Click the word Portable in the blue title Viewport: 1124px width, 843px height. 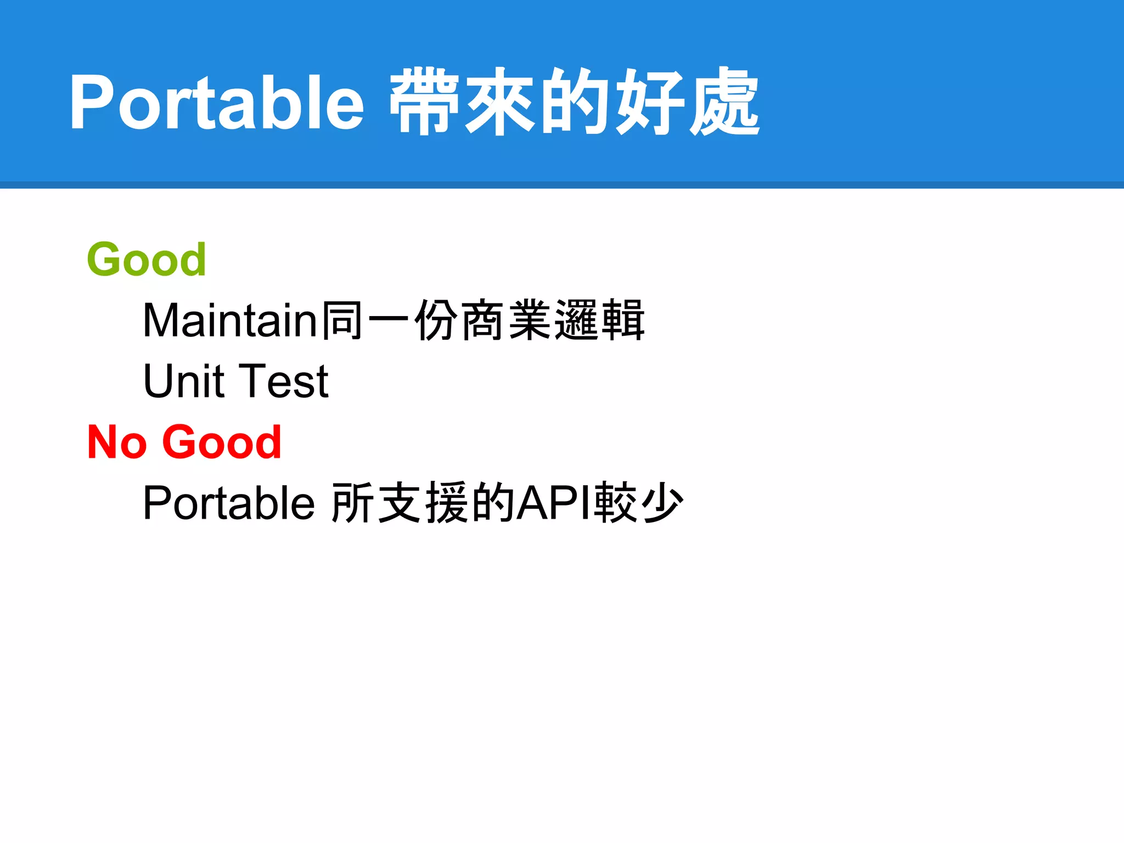click(217, 102)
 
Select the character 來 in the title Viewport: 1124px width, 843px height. click(499, 102)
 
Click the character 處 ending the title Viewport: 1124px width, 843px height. click(724, 102)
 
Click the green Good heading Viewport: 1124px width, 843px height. click(147, 260)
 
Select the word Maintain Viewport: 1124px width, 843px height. click(230, 321)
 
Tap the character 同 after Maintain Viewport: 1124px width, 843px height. click(341, 321)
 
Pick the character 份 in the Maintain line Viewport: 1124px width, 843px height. click(436, 321)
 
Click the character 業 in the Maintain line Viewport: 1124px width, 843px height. click(530, 321)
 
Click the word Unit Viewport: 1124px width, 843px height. click(183, 381)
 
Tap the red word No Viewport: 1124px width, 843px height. click(117, 442)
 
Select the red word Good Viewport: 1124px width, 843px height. click(222, 442)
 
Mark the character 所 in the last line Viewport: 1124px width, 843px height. click(353, 503)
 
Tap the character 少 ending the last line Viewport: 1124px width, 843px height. click(662, 503)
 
